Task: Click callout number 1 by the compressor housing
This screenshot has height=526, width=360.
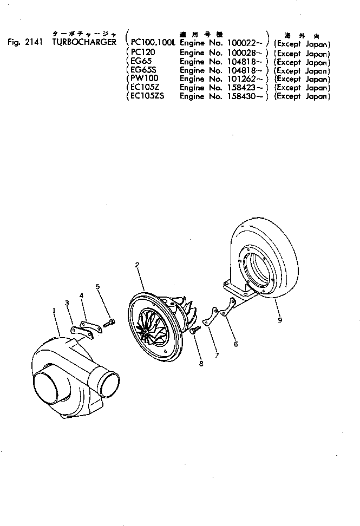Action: [x=54, y=311]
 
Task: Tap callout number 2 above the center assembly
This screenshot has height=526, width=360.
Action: [x=138, y=265]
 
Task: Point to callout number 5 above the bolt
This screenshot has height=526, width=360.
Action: [x=98, y=286]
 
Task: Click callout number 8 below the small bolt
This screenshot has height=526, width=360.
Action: [x=201, y=364]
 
